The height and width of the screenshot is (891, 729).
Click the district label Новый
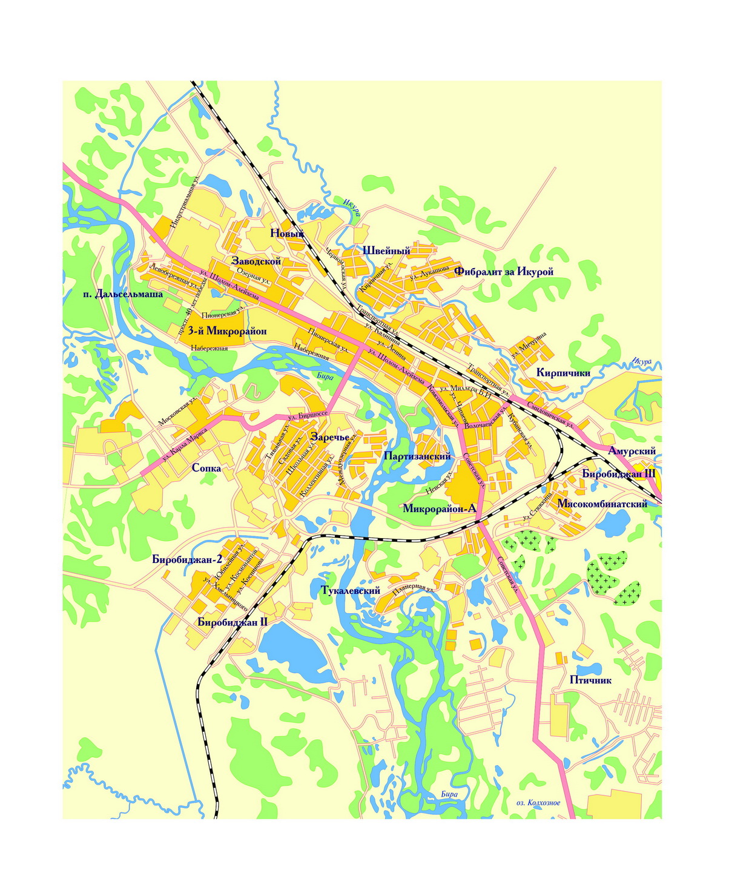point(286,234)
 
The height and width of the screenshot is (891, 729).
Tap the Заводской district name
point(257,261)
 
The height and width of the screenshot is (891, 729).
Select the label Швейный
point(386,251)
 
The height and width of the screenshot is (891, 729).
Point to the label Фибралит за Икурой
point(504,272)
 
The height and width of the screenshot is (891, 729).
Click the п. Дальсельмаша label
point(124,295)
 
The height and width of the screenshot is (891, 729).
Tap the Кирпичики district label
point(563,373)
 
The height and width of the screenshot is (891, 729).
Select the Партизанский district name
point(418,456)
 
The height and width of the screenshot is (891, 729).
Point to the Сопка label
point(206,468)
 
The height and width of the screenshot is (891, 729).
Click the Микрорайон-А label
point(440,509)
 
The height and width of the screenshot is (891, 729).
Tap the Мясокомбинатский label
point(602,504)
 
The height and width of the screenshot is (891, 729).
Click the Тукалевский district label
point(349,590)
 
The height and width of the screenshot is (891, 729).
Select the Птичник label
point(590,680)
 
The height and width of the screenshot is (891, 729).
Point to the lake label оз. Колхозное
point(538,803)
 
